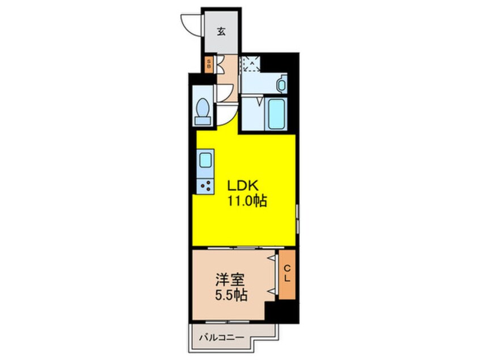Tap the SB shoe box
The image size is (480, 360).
click(209, 64)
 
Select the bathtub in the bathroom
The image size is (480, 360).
click(276, 113)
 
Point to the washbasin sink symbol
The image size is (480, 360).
click(282, 85)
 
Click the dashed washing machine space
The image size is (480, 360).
click(251, 64)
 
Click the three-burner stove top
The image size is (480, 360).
click(205, 185)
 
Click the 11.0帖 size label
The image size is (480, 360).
click(247, 200)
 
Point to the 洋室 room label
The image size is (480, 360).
click(229, 281)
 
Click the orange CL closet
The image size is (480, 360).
click(287, 275)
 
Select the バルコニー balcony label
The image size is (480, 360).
click(221, 338)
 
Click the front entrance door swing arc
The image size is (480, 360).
click(190, 24)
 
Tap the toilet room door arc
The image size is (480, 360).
click(226, 92)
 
